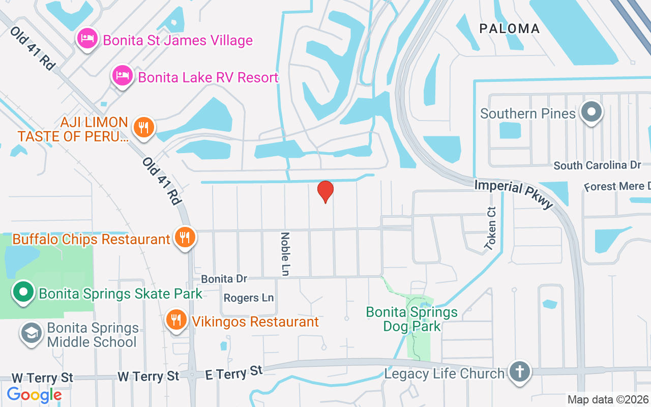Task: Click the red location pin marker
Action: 325,191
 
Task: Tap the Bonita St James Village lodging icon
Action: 87,39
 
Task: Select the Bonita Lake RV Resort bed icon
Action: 122,76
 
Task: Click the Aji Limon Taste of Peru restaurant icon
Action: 144,127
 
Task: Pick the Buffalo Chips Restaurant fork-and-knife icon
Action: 185,237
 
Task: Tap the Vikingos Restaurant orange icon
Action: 176,320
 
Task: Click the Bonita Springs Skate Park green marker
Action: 23,293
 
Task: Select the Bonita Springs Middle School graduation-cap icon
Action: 31,334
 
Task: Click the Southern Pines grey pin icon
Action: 591,111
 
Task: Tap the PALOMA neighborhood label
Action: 509,28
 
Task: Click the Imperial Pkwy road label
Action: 514,193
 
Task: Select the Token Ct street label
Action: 490,228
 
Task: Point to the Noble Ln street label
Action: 285,254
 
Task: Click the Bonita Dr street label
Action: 224,279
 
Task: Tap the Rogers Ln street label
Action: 249,298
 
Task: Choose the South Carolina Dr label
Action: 597,165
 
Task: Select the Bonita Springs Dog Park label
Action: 412,319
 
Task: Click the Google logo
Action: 34,395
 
